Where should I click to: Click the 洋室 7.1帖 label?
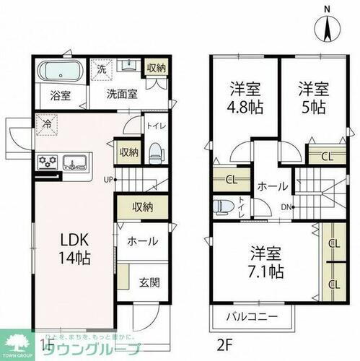(266, 263)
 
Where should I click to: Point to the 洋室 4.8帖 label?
(245, 102)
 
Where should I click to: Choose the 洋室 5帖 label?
(314, 102)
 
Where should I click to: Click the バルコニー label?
(254, 316)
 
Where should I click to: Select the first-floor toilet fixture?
(154, 151)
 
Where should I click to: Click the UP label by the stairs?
(108, 180)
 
